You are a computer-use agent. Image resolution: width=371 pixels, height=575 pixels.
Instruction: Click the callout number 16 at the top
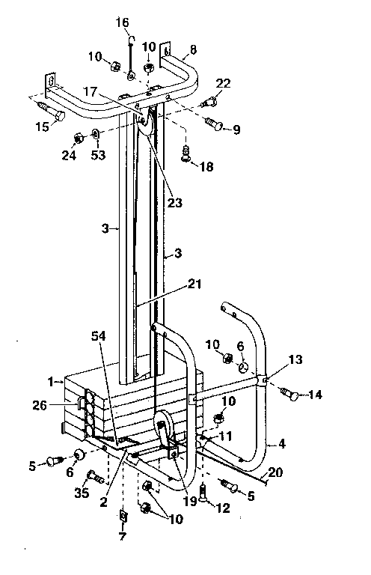pyautogui.click(x=122, y=23)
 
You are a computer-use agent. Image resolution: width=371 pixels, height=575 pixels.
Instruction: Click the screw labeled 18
pyautogui.click(x=185, y=155)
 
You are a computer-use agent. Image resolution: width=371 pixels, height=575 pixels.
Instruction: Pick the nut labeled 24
pyautogui.click(x=78, y=138)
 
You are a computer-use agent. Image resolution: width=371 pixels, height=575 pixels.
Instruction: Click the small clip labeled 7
pyautogui.click(x=123, y=517)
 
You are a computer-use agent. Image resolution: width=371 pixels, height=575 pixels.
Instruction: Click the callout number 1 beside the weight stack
pyautogui.click(x=50, y=381)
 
